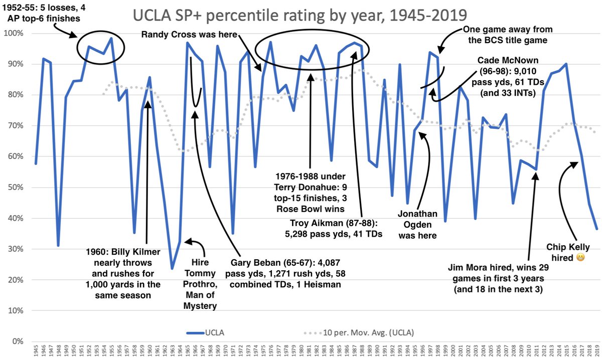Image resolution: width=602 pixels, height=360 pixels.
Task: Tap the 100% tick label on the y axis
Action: [17, 34]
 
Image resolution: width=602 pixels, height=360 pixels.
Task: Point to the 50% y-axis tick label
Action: [19, 188]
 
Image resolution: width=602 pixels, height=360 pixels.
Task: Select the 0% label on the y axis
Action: [21, 341]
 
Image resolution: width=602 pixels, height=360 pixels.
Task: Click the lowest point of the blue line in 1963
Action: [172, 269]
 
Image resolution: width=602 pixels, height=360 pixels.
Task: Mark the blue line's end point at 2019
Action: [596, 229]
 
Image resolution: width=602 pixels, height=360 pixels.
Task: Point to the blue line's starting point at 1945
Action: [36, 163]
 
